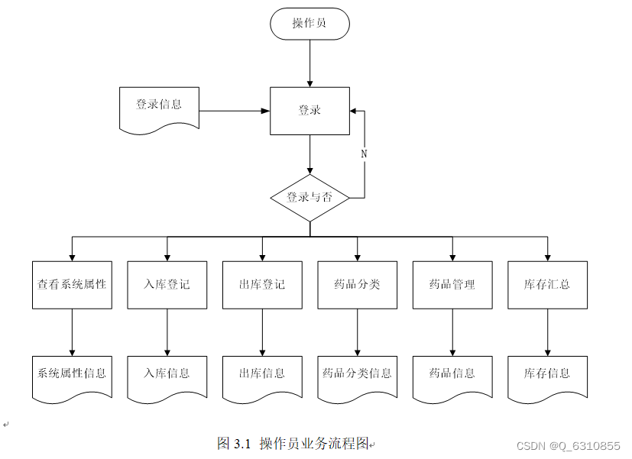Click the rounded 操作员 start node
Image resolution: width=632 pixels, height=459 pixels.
[x=310, y=24]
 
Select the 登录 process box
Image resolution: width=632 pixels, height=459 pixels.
[x=310, y=111]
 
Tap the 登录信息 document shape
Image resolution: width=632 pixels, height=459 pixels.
[x=159, y=108]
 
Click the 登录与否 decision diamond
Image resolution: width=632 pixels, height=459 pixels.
[x=310, y=198]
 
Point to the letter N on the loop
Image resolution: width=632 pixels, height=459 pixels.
[x=364, y=154]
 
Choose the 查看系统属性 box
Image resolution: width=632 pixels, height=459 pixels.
[x=72, y=285]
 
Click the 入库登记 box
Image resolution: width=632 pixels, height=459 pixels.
[x=167, y=285]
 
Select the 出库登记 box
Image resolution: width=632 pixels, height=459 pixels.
[x=262, y=285]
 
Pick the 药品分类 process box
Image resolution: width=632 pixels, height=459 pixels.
[x=357, y=285]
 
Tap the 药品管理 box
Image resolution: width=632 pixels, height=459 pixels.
[x=452, y=285]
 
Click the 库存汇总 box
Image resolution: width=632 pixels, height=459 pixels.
[x=547, y=285]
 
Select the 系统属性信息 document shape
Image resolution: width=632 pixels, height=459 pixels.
[x=72, y=375]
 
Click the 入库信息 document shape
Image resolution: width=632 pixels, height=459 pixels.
[x=167, y=375]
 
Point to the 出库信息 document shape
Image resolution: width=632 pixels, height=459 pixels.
[x=262, y=375]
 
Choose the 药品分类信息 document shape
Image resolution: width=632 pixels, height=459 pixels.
[x=357, y=375]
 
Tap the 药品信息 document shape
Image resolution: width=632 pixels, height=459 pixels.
[x=452, y=375]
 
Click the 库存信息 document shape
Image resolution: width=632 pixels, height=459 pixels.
[x=547, y=375]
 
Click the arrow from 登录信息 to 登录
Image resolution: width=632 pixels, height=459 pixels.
[x=234, y=111]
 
